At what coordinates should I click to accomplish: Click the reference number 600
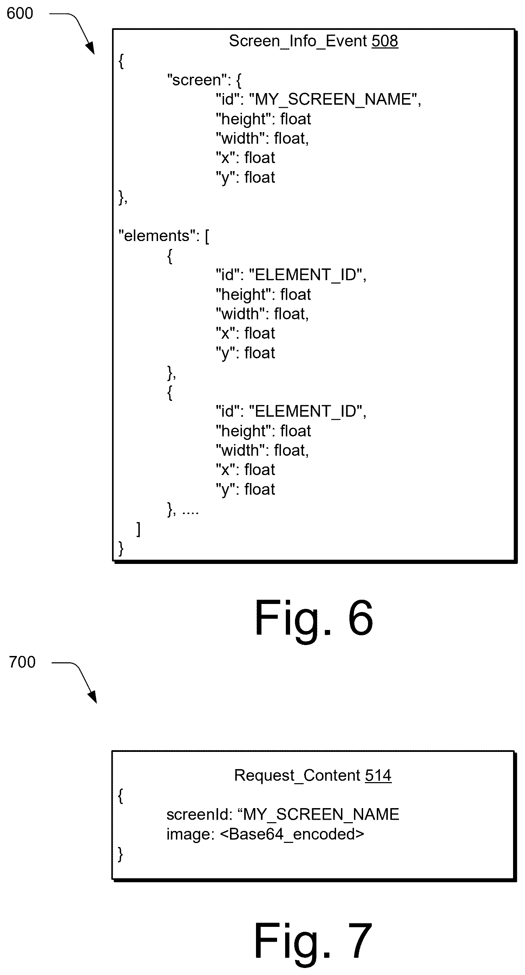(x=20, y=14)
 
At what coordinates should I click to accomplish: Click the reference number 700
(x=22, y=662)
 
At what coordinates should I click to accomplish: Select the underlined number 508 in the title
(x=385, y=41)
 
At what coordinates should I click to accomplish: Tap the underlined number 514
(x=378, y=775)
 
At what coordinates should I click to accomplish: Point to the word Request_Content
(x=298, y=776)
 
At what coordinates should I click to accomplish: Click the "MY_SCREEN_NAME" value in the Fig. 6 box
(x=333, y=99)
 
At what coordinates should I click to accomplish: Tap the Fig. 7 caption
(x=313, y=942)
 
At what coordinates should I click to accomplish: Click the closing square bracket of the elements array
(x=138, y=529)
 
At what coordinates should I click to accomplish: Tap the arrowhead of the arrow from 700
(x=92, y=697)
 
